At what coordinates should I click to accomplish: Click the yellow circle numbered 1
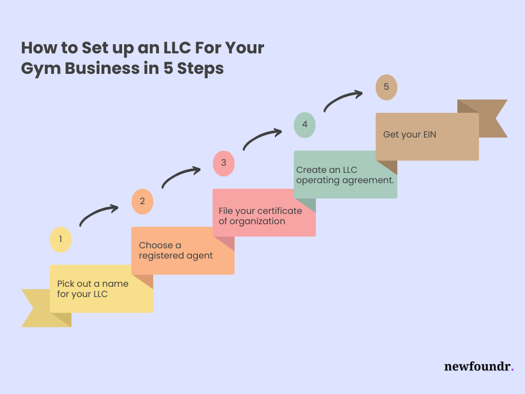(x=60, y=239)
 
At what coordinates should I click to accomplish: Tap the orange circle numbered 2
(x=143, y=201)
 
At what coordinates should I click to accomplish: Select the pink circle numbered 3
(x=224, y=163)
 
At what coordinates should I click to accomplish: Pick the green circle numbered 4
(x=305, y=125)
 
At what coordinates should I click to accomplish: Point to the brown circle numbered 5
(x=386, y=87)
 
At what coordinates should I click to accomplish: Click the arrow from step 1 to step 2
(x=98, y=214)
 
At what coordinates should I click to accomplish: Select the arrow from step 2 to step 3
(x=180, y=176)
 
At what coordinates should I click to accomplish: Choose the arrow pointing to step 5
(x=342, y=100)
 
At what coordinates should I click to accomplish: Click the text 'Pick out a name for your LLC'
(x=93, y=289)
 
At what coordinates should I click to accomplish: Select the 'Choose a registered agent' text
(x=176, y=250)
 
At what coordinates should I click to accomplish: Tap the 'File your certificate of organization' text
(x=260, y=216)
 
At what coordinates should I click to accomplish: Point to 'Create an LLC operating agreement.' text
(x=341, y=175)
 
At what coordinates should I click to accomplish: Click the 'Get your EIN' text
(x=410, y=135)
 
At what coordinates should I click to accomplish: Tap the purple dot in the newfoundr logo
(x=512, y=369)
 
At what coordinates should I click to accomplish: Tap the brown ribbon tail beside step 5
(x=492, y=119)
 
